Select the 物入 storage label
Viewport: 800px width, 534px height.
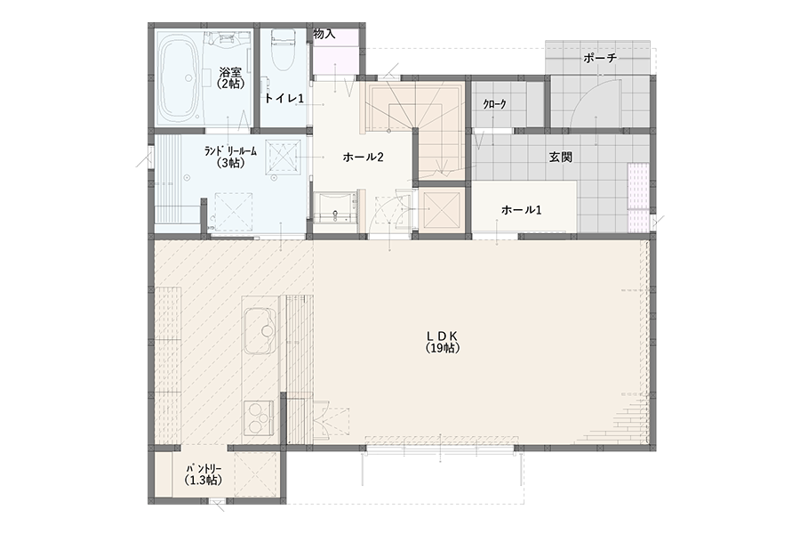324,34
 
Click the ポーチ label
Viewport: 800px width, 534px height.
600,58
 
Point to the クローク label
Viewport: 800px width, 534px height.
495,104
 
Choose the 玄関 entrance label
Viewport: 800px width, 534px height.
560,157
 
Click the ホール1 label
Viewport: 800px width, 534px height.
521,209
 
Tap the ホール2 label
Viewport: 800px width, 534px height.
363,157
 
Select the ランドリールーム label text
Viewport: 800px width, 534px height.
230,151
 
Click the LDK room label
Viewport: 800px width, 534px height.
443,336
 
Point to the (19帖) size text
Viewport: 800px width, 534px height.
443,348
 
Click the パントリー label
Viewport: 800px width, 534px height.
204,468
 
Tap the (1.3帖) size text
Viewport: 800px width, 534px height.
204,481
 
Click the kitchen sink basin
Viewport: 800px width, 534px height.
260,332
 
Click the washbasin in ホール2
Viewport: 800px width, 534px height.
335,208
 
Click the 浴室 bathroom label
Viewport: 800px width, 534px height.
230,73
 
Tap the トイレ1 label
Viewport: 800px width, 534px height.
284,98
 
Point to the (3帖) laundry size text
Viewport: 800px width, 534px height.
230,163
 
